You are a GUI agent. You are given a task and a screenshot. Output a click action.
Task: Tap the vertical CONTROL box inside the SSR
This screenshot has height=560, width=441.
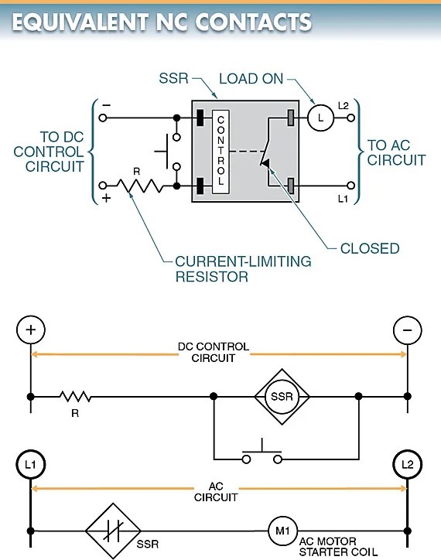tap(220, 152)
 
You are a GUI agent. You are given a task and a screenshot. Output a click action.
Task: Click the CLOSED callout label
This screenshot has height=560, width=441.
tap(370, 248)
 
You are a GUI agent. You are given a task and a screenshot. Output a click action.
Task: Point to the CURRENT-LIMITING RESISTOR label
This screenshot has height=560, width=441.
tap(243, 268)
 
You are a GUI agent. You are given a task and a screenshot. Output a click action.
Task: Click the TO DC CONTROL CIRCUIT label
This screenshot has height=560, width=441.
tap(48, 152)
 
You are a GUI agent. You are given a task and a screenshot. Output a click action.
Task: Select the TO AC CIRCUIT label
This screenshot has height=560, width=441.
tap(396, 152)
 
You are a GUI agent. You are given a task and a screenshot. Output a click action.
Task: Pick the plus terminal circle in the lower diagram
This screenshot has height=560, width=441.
tap(31, 330)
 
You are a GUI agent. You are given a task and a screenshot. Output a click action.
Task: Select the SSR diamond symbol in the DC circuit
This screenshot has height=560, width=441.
tap(282, 397)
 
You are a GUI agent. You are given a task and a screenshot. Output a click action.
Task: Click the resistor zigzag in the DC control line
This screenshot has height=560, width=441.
tap(75, 397)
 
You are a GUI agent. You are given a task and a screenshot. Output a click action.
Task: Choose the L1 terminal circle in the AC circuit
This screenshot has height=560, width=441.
tap(31, 466)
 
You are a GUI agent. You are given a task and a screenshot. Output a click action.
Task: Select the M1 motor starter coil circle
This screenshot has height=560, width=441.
tap(279, 531)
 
